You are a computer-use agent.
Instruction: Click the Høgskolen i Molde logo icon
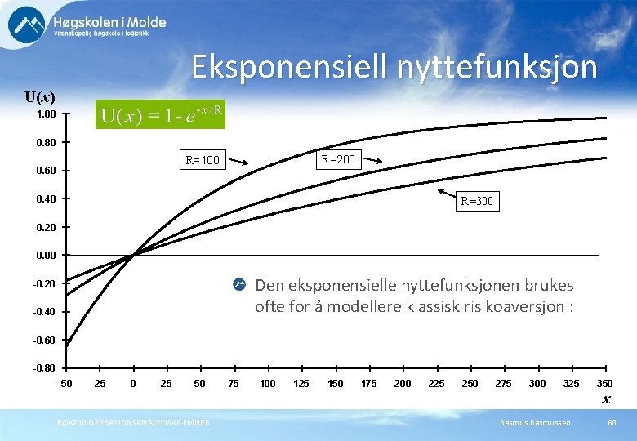tap(27, 24)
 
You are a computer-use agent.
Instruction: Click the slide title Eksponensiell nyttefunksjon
tap(394, 67)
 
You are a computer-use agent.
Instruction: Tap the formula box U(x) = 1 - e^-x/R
tap(161, 114)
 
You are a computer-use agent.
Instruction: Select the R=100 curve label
tap(202, 160)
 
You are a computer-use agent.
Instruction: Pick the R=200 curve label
tap(338, 159)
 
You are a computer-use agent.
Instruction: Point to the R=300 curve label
tap(477, 201)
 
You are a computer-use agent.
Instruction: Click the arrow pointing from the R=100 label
tap(238, 162)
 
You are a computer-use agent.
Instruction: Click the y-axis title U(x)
tap(40, 97)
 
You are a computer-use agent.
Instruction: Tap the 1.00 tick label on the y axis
tap(46, 115)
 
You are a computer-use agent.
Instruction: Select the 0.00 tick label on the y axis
tap(46, 256)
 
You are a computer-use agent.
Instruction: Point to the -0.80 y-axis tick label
tap(44, 368)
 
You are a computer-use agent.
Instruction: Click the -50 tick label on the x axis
tap(65, 384)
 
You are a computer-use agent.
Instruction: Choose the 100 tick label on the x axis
tap(267, 384)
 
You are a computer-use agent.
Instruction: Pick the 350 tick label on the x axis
tap(604, 384)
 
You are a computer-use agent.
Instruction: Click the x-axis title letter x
tap(606, 399)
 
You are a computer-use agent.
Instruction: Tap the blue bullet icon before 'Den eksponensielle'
tap(239, 285)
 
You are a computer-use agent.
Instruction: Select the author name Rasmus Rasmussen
tap(537, 422)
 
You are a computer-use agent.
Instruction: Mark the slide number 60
tap(612, 422)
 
